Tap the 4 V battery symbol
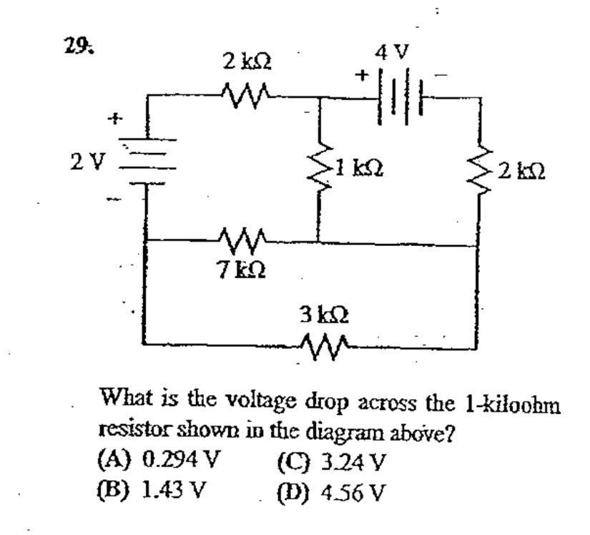pos(398,94)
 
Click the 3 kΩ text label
pos(327,314)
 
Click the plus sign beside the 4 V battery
pos(363,74)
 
